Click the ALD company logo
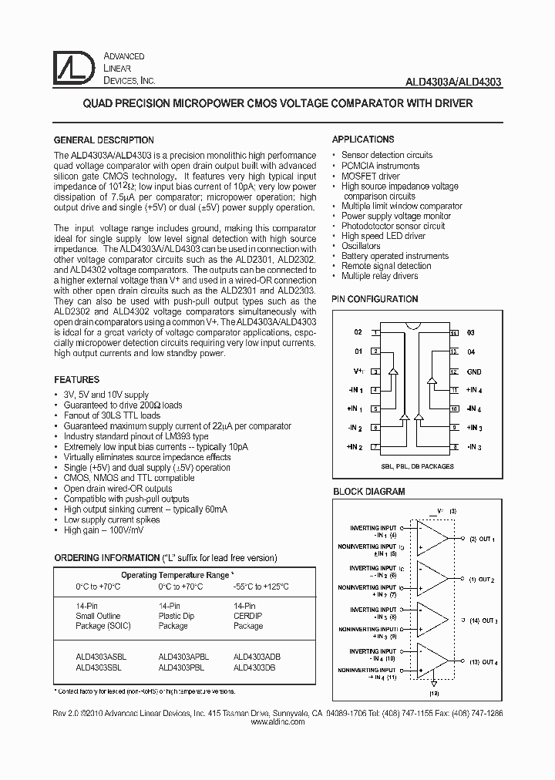tap(75, 69)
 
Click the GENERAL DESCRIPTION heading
tap(103, 140)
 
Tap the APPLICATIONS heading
tap(363, 140)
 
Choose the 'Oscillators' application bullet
tap(361, 246)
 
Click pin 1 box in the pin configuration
tap(375, 333)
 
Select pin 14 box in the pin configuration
tap(454, 333)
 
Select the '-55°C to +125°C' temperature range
tap(261, 587)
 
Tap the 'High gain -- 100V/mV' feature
tap(103, 530)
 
